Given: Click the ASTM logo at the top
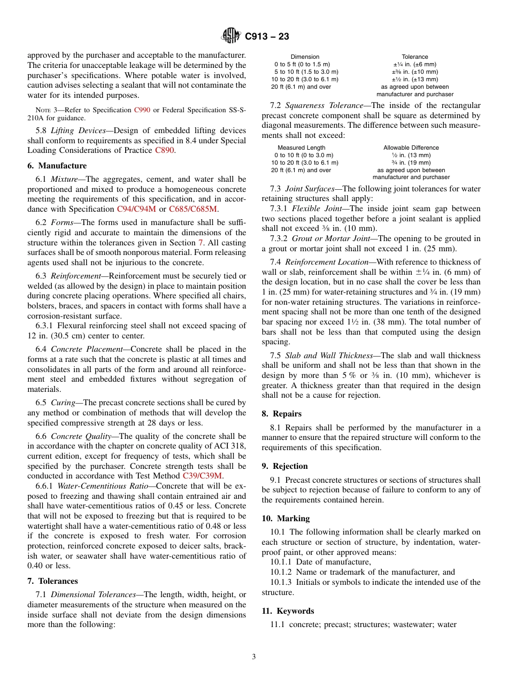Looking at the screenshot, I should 231,36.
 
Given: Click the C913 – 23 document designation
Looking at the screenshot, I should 267,36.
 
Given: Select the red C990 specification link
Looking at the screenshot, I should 142,110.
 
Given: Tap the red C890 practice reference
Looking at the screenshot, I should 164,151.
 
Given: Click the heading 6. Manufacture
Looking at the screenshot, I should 57,166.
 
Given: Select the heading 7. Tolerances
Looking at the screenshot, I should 52,581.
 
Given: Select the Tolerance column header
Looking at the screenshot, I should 415,57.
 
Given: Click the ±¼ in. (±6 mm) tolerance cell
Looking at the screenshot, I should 415,64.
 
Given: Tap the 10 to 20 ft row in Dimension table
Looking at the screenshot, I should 304,79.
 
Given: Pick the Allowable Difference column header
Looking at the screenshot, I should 411,148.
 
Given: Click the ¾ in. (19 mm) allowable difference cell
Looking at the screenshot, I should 411,163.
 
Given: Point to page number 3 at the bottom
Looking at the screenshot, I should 254,657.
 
